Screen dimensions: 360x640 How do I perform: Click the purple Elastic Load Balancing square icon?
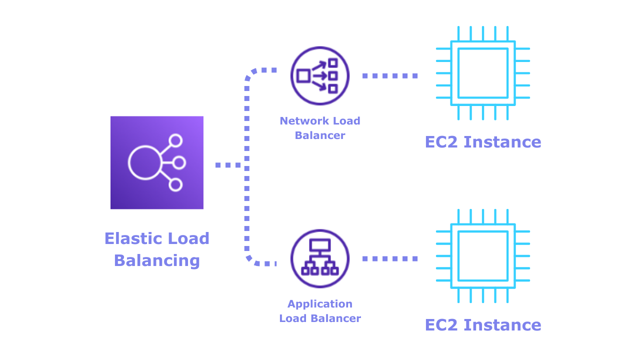pos(157,162)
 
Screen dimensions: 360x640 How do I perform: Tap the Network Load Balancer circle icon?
pos(320,76)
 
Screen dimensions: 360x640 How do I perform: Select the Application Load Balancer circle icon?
pos(320,258)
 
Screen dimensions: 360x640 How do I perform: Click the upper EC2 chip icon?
pos(483,73)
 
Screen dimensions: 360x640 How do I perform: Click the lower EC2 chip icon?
pos(483,256)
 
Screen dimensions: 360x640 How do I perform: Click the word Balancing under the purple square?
pos(157,260)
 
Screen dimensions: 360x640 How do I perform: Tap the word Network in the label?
pos(299,120)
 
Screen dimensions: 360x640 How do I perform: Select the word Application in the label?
pos(320,304)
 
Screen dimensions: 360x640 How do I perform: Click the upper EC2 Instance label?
pos(483,142)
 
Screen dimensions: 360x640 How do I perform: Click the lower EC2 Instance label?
pos(483,325)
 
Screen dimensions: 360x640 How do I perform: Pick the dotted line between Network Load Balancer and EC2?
pos(390,76)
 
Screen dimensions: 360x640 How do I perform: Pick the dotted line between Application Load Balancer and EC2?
pos(390,259)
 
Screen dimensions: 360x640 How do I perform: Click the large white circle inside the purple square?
pos(144,162)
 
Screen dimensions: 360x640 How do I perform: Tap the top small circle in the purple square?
pos(175,140)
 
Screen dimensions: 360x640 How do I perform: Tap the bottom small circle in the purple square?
pos(175,185)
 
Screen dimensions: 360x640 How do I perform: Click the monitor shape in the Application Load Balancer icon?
pos(320,245)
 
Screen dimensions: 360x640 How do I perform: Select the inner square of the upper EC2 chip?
pos(483,73)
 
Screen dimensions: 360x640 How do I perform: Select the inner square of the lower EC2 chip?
pos(483,256)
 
